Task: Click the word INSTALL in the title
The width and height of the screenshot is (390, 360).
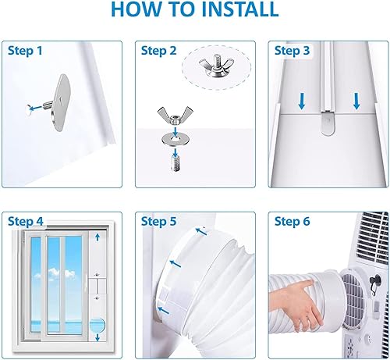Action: [239, 9]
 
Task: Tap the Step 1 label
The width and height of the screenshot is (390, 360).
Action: [25, 51]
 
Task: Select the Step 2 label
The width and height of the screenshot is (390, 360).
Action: [158, 51]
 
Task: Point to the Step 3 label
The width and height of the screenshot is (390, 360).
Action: [292, 51]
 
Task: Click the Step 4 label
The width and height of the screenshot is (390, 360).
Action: [26, 222]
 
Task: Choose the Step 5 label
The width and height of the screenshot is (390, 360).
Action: [158, 222]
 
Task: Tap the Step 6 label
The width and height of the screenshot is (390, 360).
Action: [292, 222]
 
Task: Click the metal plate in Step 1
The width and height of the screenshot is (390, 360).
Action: [60, 102]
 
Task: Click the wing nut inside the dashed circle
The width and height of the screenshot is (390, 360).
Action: [216, 66]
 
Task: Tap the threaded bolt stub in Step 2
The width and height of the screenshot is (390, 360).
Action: [175, 163]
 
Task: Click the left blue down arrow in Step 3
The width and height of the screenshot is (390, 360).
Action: [302, 101]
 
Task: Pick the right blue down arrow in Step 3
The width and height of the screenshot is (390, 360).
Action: [356, 101]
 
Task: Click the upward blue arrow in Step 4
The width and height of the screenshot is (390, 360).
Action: [97, 237]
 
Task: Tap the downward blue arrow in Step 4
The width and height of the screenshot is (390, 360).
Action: [97, 337]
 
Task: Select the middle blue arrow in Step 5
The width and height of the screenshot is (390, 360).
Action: [175, 264]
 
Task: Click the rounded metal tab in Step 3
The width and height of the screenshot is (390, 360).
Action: [328, 123]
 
